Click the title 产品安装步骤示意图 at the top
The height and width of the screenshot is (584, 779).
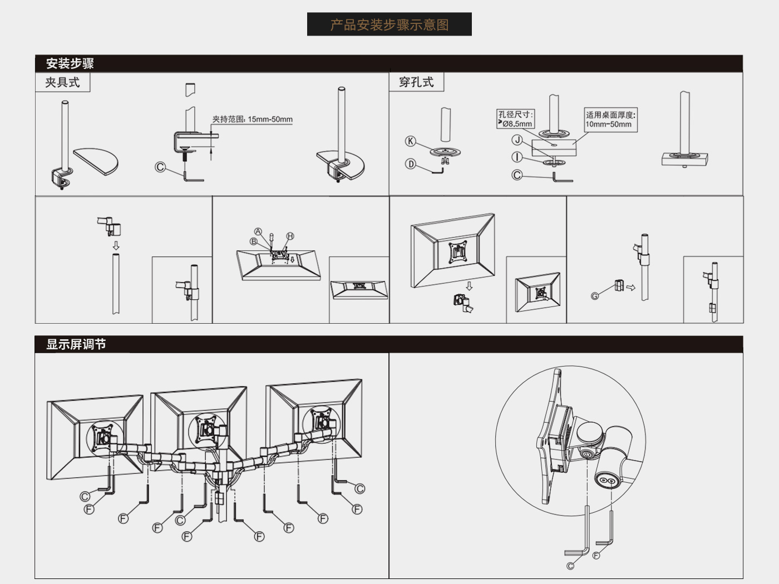389,25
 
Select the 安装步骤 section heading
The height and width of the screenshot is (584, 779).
70,63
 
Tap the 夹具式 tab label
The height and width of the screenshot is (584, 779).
62,82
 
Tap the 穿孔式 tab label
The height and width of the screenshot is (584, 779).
416,82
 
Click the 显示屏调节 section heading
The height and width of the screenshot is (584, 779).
76,344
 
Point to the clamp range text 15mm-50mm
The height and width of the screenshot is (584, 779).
270,119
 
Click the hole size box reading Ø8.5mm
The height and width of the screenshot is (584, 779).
515,119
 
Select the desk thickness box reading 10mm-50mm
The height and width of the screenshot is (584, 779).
610,120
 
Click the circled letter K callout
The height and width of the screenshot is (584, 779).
411,141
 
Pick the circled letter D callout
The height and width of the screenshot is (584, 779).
411,164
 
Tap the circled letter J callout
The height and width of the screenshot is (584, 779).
517,140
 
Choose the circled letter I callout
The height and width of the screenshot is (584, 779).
517,157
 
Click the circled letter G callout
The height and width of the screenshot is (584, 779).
595,296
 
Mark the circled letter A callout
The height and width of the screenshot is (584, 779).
258,231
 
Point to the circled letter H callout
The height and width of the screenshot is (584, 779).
290,236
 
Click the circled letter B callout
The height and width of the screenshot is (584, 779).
253,241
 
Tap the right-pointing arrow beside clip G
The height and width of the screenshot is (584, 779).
630,287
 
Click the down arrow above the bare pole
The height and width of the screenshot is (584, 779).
116,245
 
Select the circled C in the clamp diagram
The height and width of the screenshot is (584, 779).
160,167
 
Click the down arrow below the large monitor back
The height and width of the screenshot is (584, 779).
469,286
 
